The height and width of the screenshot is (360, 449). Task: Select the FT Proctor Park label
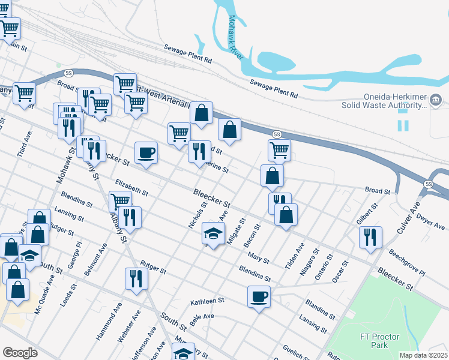point(379,341)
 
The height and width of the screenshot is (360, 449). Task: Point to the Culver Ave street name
point(408,217)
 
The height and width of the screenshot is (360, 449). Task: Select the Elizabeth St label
point(131,187)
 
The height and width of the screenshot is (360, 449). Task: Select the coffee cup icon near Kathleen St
point(259,296)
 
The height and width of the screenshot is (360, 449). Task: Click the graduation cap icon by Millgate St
point(212,232)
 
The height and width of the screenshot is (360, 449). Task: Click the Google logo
point(20,353)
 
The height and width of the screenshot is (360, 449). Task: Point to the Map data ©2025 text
point(424,355)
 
